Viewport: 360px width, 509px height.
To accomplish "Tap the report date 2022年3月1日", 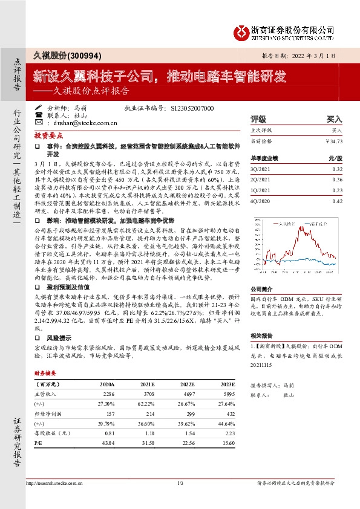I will [309, 55].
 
